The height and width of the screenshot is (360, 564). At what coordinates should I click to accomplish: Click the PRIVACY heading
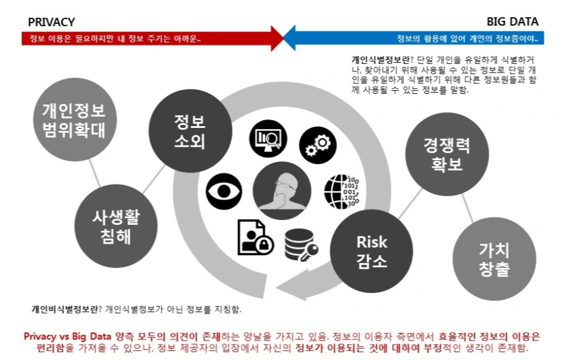coord(51,23)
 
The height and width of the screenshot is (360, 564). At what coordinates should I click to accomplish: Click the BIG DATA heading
coord(512,23)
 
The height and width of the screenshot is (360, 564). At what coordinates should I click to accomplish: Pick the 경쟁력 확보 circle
coord(446,155)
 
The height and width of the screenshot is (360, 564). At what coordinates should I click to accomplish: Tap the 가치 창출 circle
coord(494,258)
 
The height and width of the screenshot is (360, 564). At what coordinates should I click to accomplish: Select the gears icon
coord(317,144)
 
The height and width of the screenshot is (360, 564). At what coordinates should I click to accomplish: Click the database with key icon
coord(301,244)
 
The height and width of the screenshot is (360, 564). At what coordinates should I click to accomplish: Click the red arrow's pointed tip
coord(281,38)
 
